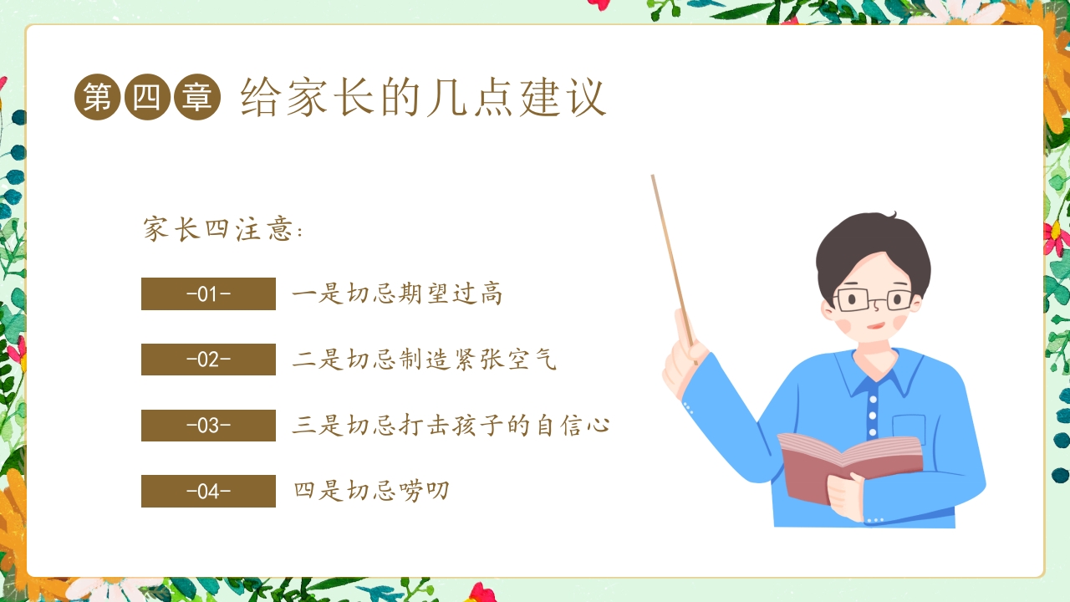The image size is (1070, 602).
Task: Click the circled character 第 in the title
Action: click(97, 98)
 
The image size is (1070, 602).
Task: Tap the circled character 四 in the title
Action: click(147, 98)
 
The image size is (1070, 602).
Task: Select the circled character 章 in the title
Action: click(197, 98)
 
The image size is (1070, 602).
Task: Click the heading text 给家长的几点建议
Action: click(423, 99)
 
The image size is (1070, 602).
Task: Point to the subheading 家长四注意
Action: click(222, 230)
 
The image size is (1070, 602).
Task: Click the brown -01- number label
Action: click(208, 294)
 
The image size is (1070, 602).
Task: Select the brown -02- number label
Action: click(208, 360)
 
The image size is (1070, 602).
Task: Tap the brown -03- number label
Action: click(208, 426)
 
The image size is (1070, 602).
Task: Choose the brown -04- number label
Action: click(208, 491)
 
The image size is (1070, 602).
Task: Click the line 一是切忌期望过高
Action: click(397, 294)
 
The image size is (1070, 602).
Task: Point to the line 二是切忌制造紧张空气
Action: click(424, 360)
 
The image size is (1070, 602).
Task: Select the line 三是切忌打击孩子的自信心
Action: click(451, 426)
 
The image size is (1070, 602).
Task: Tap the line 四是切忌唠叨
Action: click(371, 491)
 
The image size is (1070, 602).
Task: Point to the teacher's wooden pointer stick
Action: click(670, 251)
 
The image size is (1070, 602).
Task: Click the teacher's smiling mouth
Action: click(874, 326)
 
